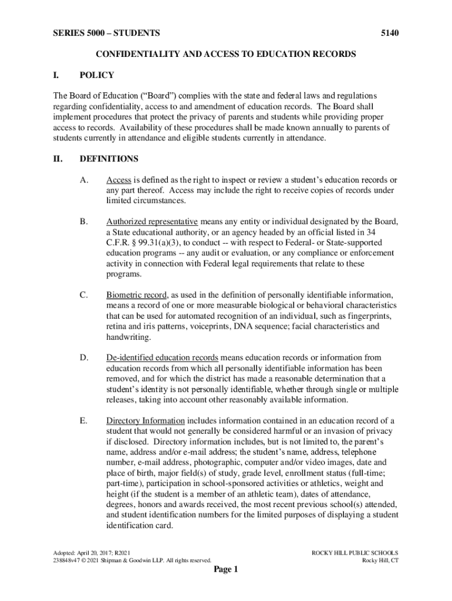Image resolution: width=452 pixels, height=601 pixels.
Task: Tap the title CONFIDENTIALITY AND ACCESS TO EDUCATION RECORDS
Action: pos(226,54)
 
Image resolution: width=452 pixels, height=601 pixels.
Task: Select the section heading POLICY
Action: pos(96,75)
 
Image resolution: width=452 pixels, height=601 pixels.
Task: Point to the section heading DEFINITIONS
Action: pos(109,158)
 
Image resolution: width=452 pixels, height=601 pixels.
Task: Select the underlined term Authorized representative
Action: pos(151,222)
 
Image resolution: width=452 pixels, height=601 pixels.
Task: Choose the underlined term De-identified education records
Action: pos(162,357)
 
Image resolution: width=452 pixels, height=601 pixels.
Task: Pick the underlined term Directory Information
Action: pos(145,421)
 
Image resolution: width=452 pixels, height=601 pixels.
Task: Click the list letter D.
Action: pos(83,357)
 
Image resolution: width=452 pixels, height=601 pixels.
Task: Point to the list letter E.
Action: pos(83,421)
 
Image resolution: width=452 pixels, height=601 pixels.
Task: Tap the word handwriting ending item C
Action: pos(128,337)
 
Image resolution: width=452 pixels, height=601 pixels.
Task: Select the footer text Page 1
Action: pos(225,570)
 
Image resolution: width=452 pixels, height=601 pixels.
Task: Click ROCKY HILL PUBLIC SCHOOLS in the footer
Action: pos(355,553)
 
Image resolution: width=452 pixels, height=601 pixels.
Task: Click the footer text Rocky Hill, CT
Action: pos(380,561)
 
